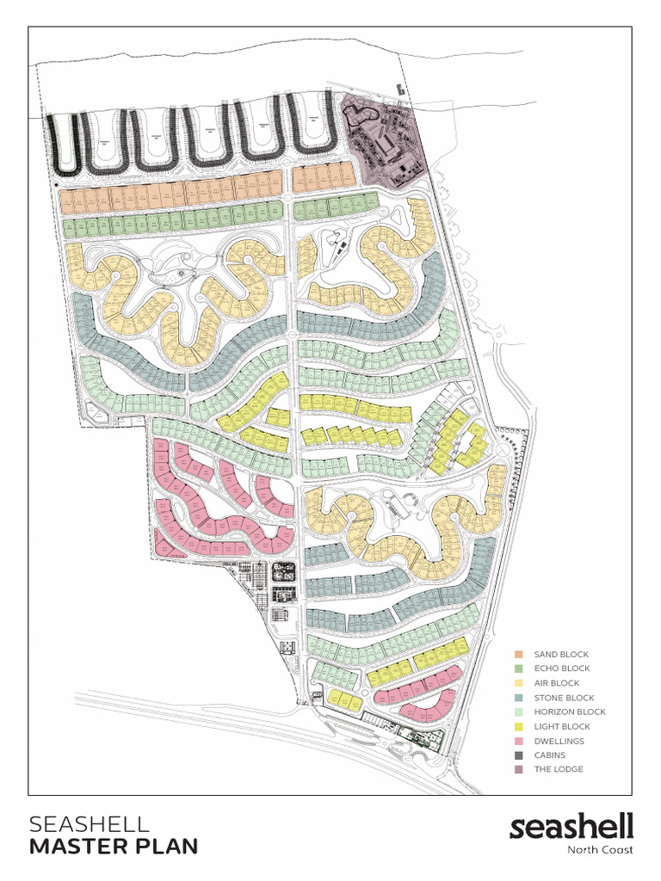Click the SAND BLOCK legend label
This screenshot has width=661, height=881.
coord(561,655)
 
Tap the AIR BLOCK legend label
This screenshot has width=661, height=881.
coord(558,683)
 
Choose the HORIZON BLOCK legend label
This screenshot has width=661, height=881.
coord(569,712)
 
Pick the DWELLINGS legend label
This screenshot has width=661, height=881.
coord(559,741)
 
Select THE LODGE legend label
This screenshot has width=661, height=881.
coord(559,769)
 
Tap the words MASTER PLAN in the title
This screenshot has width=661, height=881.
coord(114,847)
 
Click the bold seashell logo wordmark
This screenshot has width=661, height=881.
coord(571,827)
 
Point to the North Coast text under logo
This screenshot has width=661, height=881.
coord(600,851)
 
